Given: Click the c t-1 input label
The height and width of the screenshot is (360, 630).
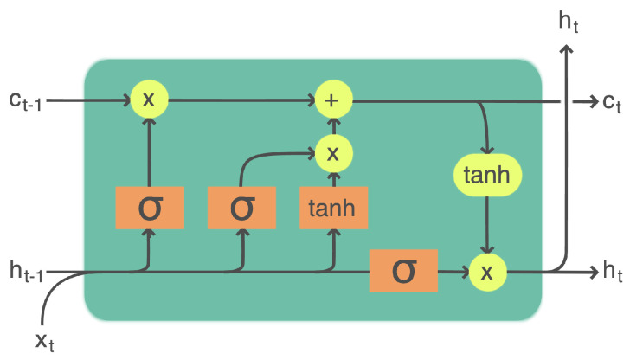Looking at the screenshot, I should tap(31, 101).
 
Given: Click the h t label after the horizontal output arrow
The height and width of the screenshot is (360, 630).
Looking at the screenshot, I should tap(612, 273).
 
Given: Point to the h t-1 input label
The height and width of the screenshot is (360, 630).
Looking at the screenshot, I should tap(26, 273).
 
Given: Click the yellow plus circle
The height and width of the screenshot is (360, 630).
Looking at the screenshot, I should tap(332, 100).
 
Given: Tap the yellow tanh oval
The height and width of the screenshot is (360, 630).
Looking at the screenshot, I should tap(487, 176).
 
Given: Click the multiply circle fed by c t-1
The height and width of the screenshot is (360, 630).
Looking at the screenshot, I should tap(149, 100).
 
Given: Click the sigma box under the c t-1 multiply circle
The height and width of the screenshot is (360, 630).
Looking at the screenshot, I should tap(150, 208).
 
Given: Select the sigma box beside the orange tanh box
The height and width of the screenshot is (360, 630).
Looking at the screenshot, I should tap(242, 208).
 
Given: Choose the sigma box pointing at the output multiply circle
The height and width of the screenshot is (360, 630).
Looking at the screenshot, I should tap(403, 273).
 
